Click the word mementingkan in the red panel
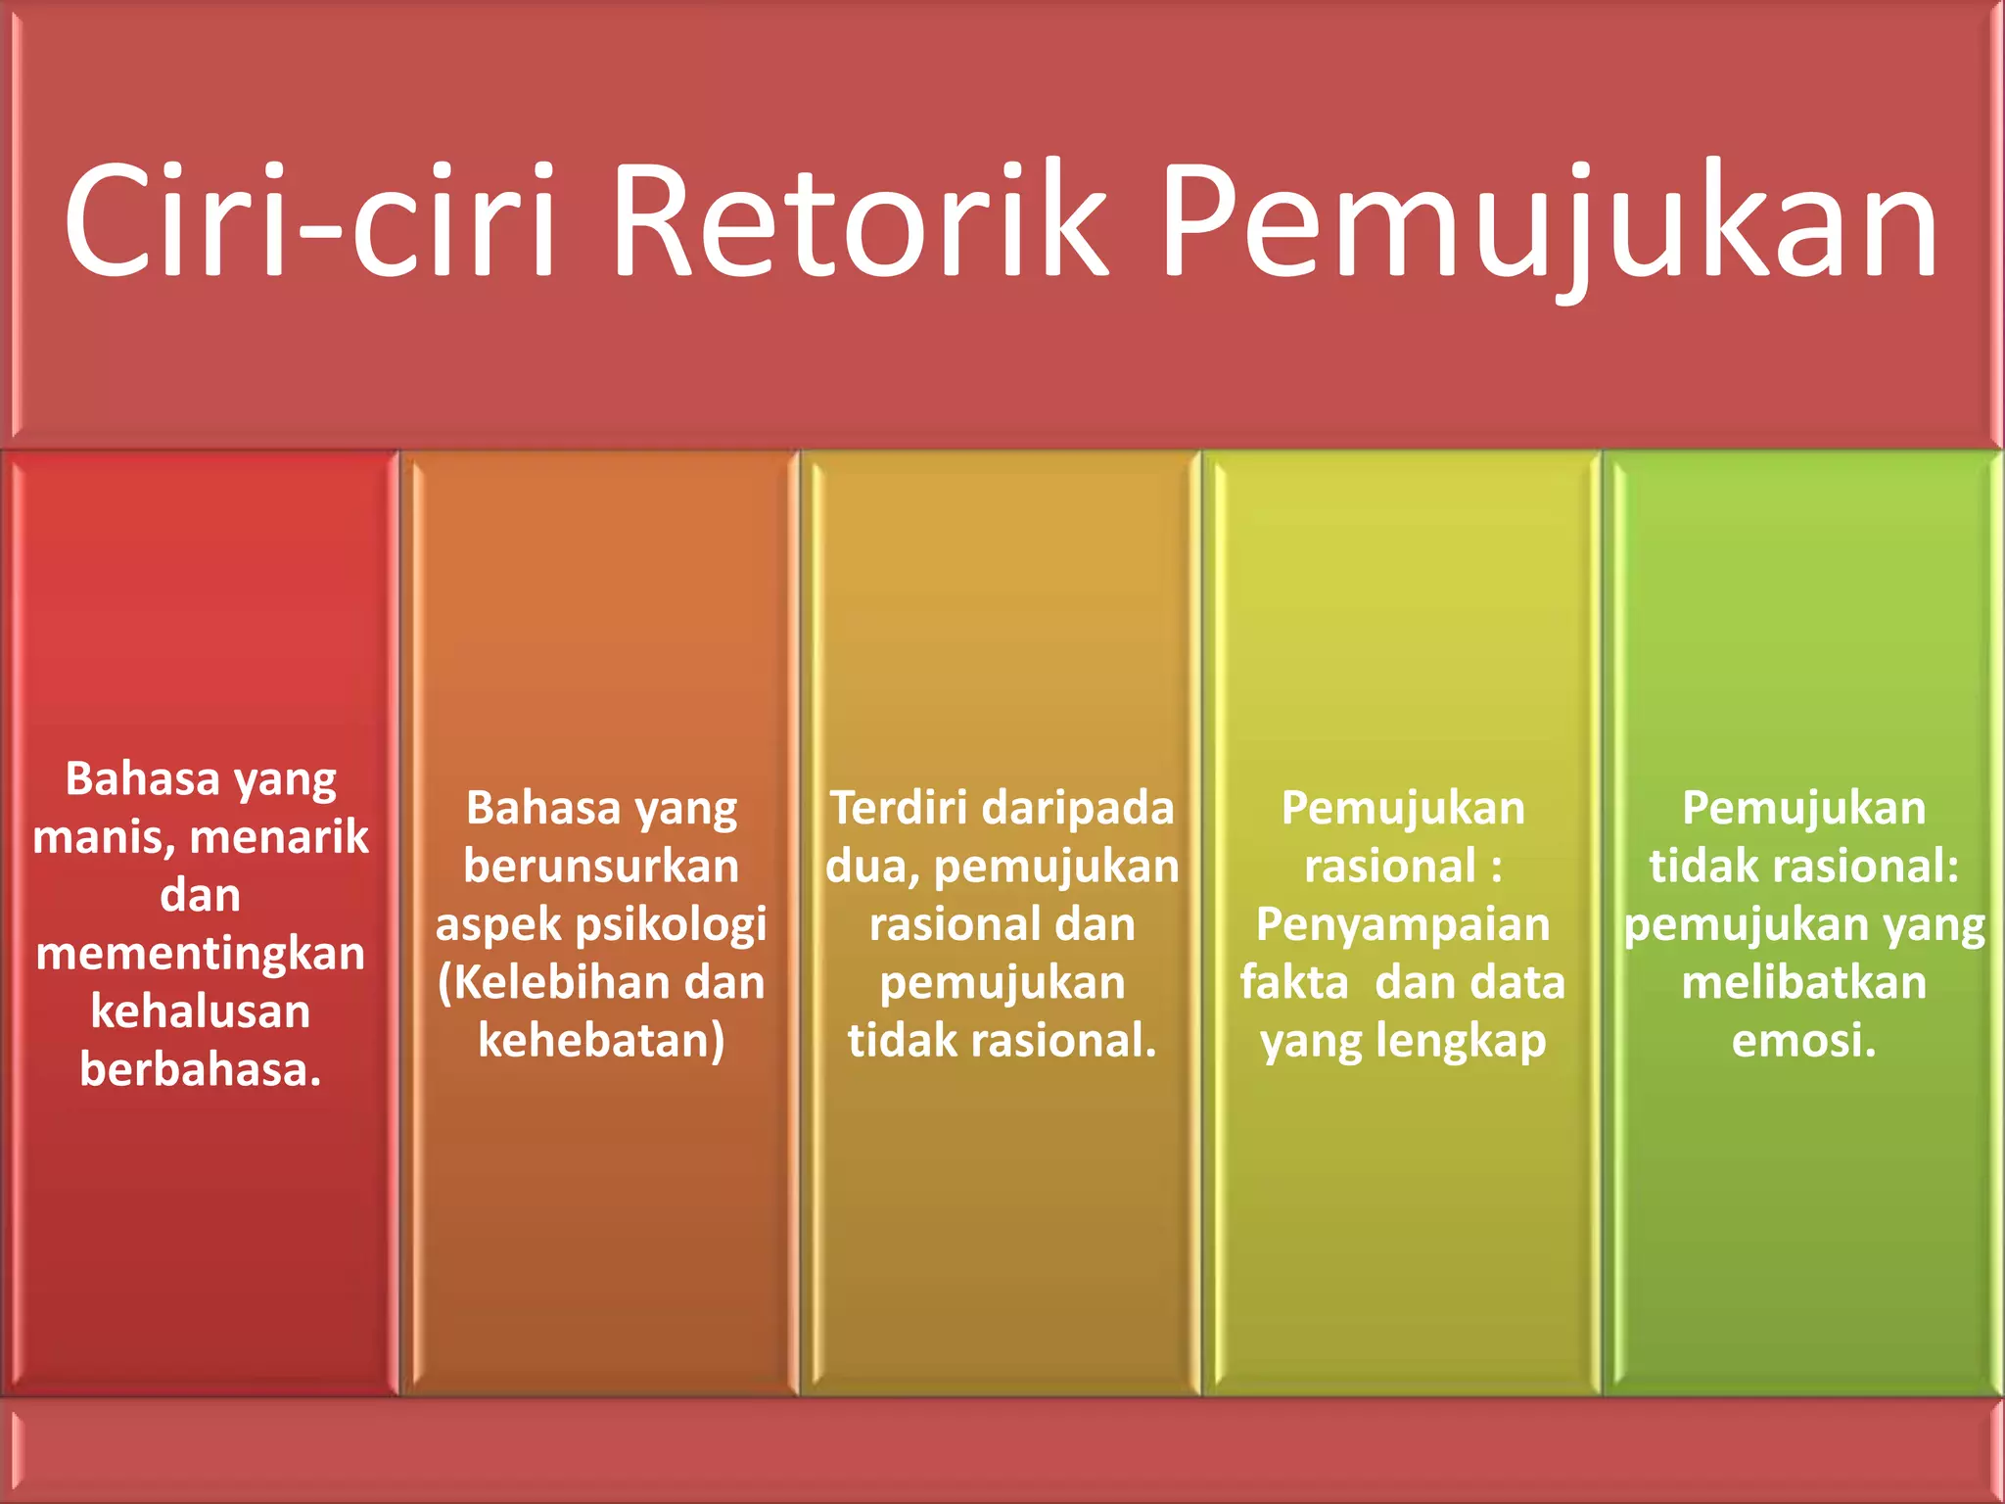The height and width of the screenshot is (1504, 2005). point(201,954)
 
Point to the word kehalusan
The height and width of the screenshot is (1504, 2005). point(201,1011)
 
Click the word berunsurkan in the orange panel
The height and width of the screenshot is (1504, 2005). point(601,867)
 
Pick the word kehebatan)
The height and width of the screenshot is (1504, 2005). point(601,1041)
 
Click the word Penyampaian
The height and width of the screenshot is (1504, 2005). point(1403,925)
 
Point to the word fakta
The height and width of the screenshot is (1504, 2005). point(1294,983)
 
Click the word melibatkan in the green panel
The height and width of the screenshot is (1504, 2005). point(1803,983)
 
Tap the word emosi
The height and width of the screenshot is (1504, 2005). point(1802,1041)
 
